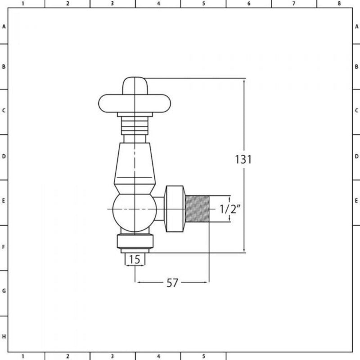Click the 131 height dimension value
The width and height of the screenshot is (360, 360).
[243, 160]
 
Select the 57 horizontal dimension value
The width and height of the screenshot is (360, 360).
[172, 283]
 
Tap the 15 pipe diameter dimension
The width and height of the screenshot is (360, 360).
[134, 260]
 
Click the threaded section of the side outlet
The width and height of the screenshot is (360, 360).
[198, 209]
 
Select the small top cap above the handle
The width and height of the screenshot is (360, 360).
[135, 85]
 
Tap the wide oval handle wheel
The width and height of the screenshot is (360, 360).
[135, 103]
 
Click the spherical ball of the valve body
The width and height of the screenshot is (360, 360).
[134, 209]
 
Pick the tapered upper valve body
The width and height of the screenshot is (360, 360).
[135, 164]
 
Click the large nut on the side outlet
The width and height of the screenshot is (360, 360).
[175, 209]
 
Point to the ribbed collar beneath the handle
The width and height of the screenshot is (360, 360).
[135, 123]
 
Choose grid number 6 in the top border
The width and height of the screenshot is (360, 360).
[248, 4]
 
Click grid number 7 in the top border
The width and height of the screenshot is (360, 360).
[293, 4]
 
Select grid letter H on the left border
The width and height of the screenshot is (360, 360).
[4, 337]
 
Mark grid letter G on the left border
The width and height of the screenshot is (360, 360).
[4, 291]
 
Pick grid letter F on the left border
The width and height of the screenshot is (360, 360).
[4, 247]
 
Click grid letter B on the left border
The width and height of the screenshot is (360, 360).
[4, 67]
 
